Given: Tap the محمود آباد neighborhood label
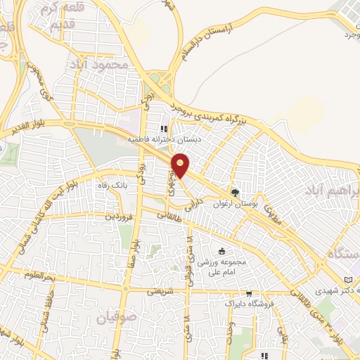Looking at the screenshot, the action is click(101, 64).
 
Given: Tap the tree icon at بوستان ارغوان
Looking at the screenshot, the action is click(235, 191).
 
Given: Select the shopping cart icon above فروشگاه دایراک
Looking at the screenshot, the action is click(249, 294).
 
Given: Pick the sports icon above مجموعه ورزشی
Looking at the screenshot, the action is click(221, 251).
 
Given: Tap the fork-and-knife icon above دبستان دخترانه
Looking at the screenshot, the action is click(164, 129).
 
